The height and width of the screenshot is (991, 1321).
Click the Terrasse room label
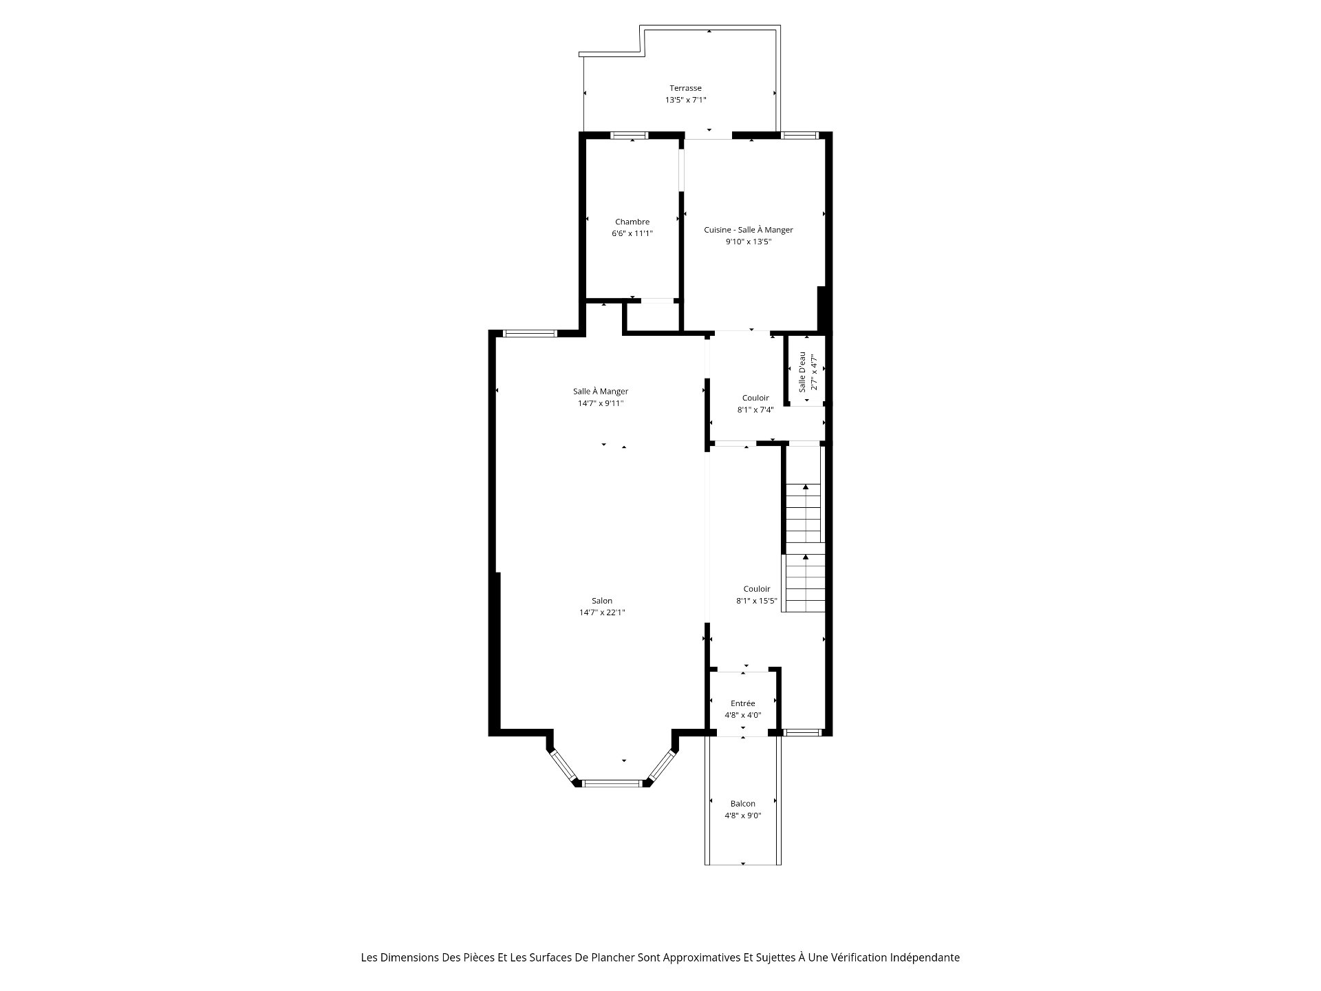685,88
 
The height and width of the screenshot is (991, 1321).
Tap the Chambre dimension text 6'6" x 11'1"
632,233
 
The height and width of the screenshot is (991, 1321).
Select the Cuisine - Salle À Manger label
749,230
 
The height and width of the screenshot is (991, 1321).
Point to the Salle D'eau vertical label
802,372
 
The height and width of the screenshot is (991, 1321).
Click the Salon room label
602,601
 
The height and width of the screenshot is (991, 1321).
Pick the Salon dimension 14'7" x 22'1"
602,612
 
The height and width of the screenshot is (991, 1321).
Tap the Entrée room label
743,703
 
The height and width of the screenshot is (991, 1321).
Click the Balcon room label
743,804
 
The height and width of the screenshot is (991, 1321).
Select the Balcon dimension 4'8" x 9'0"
743,816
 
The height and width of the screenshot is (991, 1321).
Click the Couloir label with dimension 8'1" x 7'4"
755,398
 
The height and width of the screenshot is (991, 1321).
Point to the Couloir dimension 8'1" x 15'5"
757,601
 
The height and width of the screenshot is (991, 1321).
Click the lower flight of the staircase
805,583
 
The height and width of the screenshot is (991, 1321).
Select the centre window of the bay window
612,782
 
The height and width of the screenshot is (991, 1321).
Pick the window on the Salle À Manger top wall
529,334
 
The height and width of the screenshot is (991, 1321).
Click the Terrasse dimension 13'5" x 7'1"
685,100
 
